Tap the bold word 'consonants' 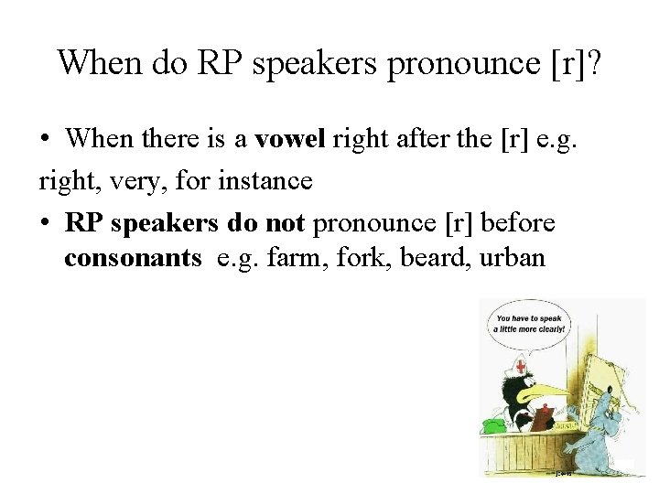click(x=133, y=258)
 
